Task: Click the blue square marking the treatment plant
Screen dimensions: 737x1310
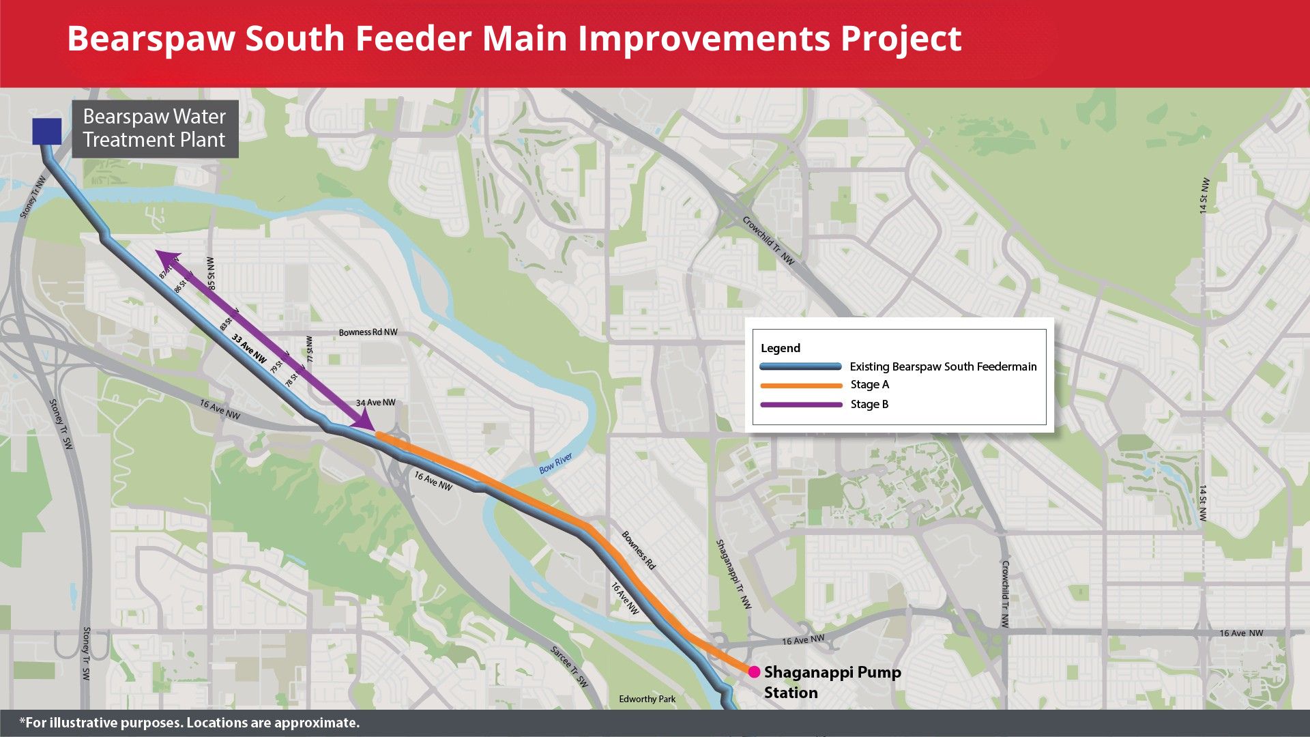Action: [47, 131]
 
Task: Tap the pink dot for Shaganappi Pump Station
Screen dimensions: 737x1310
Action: [754, 672]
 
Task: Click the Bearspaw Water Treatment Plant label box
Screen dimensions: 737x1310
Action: [155, 128]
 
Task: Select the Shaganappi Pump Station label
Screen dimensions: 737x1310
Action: [832, 682]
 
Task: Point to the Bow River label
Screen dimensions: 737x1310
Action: [555, 463]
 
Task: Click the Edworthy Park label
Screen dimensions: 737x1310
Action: [647, 699]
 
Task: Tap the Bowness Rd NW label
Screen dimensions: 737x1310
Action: [368, 332]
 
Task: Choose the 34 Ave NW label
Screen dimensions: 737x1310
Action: [375, 403]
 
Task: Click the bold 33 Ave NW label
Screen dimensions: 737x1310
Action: [249, 348]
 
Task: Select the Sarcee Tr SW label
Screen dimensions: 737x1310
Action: [569, 666]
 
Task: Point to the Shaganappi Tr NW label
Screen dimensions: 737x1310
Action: [733, 574]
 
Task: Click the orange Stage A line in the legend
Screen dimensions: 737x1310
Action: [801, 386]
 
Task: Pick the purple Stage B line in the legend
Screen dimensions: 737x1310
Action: [801, 405]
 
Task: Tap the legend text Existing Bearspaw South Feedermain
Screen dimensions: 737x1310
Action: [943, 366]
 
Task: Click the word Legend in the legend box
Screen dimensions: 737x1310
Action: [781, 348]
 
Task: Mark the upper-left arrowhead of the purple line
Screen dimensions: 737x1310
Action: [164, 257]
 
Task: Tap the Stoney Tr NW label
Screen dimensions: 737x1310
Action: [33, 197]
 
